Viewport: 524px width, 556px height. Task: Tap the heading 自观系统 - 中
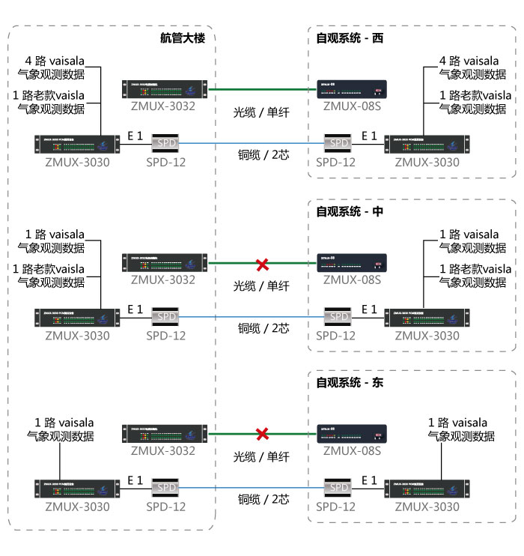click(x=350, y=211)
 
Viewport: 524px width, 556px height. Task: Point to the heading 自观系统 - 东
click(x=350, y=382)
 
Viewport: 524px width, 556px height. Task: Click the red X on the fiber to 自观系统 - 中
click(x=262, y=264)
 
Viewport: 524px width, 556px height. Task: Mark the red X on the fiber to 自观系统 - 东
click(x=262, y=434)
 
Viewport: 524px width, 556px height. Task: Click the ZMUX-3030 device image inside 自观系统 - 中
click(x=427, y=318)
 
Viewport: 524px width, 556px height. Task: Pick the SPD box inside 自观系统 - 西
click(x=340, y=142)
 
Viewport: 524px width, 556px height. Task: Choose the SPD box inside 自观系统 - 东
click(x=340, y=488)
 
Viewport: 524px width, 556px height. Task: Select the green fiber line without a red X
click(x=261, y=89)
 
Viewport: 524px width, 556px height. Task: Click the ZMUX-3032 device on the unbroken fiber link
click(x=163, y=88)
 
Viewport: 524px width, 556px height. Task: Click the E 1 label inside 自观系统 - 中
click(x=369, y=309)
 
